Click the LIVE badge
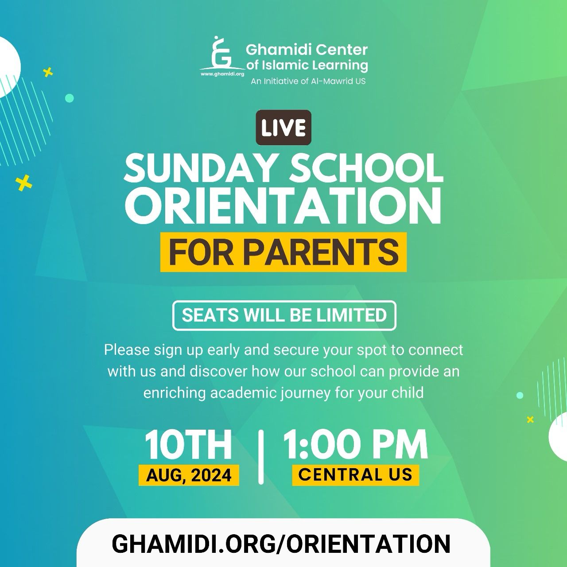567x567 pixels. click(283, 128)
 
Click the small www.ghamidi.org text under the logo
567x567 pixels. click(222, 74)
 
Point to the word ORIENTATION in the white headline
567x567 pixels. click(283, 206)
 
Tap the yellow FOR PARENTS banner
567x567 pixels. click(283, 252)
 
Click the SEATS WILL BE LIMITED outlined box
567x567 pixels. click(284, 315)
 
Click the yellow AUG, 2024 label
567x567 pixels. click(189, 475)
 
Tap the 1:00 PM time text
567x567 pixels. click(355, 444)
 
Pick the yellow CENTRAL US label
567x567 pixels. click(355, 474)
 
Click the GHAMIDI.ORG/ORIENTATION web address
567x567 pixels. click(281, 544)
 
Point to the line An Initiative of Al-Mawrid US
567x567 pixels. click(308, 81)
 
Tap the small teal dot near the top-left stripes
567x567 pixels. click(69, 98)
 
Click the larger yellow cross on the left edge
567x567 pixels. click(24, 183)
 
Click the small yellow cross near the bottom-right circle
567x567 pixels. click(530, 419)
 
